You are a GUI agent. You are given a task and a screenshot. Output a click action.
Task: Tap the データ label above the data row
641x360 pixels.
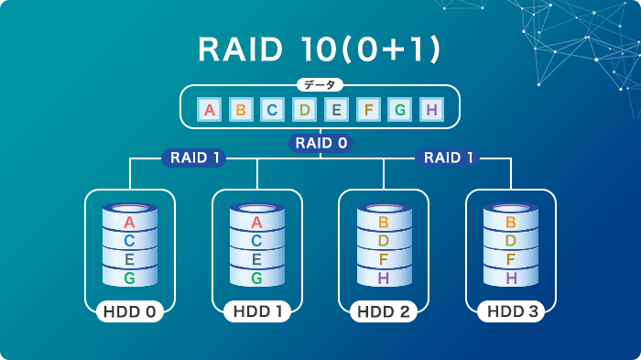(320, 85)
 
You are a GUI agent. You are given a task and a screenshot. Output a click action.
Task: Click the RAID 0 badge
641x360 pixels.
(320, 143)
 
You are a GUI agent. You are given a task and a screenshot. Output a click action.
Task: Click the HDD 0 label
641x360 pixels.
(129, 312)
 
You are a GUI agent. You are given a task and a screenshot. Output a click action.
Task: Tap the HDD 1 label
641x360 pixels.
(256, 312)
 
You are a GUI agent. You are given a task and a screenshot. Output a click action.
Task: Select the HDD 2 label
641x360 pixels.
(384, 312)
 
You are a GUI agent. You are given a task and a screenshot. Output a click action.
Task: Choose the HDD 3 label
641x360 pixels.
(511, 312)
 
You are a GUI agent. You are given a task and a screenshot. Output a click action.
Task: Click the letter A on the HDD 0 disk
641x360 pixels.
(129, 223)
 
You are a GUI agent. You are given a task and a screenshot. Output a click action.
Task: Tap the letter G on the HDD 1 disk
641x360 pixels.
(256, 278)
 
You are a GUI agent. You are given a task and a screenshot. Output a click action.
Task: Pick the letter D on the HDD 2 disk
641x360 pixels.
(384, 241)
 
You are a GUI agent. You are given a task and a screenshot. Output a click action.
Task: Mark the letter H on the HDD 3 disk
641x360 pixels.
(511, 278)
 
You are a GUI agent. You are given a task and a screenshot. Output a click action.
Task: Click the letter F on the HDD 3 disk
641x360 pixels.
(511, 259)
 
